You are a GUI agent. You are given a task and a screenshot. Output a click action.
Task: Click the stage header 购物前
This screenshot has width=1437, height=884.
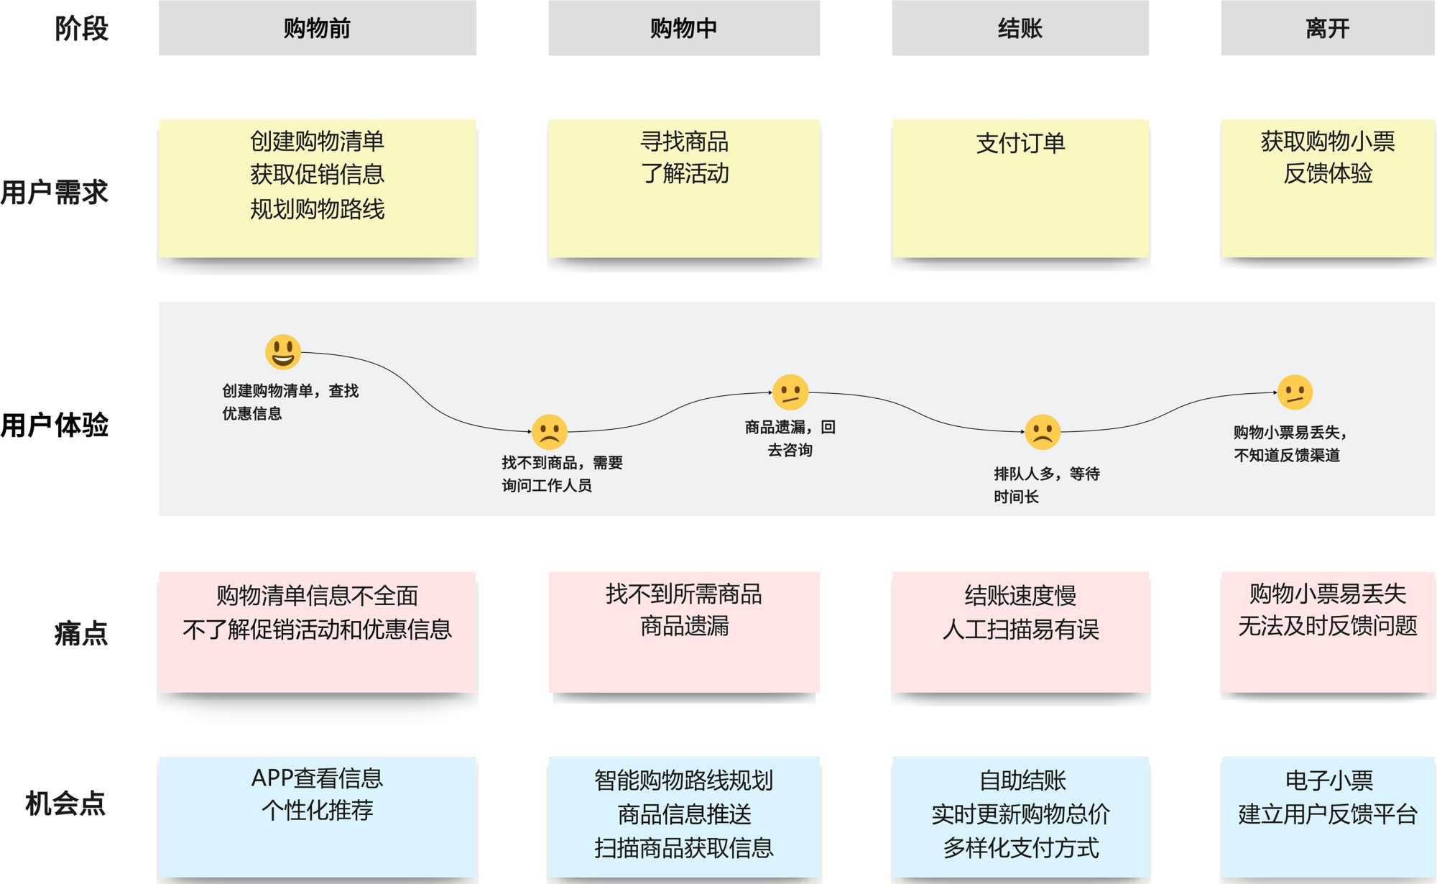[x=317, y=28]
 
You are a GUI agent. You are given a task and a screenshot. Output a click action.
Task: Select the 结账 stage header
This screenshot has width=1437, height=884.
[x=1020, y=28]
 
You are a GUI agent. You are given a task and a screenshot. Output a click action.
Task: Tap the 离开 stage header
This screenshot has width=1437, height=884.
[x=1327, y=28]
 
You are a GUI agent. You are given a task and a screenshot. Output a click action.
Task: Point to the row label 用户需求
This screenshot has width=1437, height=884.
[x=55, y=193]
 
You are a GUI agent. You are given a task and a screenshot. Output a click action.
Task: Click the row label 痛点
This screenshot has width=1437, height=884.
[x=80, y=633]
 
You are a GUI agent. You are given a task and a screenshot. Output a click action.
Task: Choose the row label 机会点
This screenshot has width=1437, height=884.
[x=65, y=803]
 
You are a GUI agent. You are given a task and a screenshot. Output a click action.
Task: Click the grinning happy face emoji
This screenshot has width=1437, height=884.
[x=282, y=352]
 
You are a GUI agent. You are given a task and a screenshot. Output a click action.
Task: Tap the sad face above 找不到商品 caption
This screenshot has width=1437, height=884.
[x=550, y=432]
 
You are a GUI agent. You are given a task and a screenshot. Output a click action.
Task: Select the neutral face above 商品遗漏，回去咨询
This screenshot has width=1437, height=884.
[x=790, y=392]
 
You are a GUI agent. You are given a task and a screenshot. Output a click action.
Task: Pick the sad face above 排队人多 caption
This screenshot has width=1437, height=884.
[x=1043, y=432]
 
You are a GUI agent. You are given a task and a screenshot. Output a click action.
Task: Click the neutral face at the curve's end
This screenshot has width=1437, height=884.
[x=1295, y=392]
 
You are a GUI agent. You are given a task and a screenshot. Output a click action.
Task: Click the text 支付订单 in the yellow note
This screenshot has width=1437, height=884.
[x=1020, y=143]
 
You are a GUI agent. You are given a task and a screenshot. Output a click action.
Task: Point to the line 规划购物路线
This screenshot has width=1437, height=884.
[x=317, y=209]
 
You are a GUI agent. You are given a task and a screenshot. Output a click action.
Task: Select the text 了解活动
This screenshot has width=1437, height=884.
[x=684, y=173]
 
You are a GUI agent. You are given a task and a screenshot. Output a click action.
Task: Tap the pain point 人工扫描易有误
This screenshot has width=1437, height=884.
[x=1020, y=630]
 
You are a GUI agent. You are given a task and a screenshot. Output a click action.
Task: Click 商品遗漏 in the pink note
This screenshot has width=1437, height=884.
[x=684, y=626]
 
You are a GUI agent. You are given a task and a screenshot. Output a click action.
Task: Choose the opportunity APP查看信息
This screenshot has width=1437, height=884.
[x=317, y=778]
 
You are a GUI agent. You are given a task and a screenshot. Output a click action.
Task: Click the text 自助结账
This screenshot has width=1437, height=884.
[x=1022, y=780]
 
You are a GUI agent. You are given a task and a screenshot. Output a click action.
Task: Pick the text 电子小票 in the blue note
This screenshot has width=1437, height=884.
[x=1329, y=780]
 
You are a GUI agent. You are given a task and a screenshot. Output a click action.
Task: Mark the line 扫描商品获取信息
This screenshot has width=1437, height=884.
[x=684, y=848]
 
